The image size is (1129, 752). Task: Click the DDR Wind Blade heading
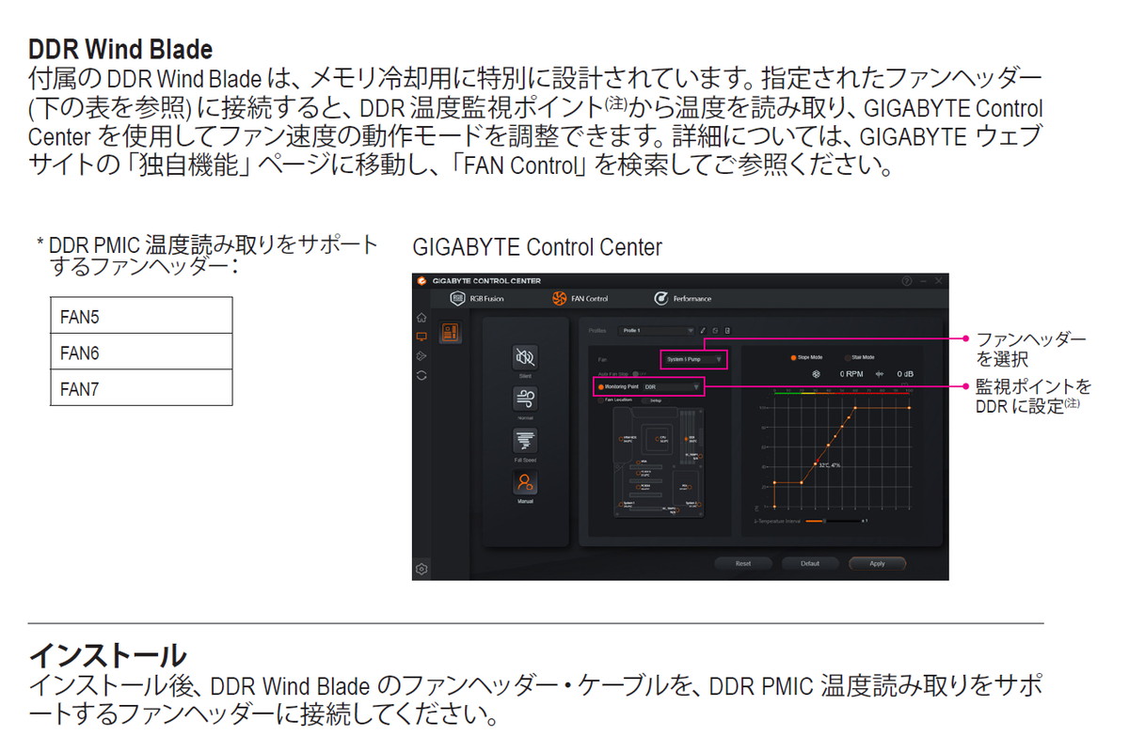click(x=120, y=49)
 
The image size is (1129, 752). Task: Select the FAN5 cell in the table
click(x=140, y=316)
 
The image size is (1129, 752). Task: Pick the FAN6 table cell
click(x=140, y=352)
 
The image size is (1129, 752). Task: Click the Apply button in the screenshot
click(x=877, y=563)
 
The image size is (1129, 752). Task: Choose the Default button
click(x=810, y=563)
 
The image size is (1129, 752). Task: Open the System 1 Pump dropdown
click(x=693, y=359)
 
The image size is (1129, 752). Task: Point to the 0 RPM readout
click(x=851, y=373)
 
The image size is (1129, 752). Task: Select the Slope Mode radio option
click(x=795, y=357)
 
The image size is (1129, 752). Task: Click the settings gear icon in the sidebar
click(x=421, y=568)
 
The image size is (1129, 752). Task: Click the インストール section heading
click(x=107, y=654)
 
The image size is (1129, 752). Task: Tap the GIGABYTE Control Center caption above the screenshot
click(x=537, y=247)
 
